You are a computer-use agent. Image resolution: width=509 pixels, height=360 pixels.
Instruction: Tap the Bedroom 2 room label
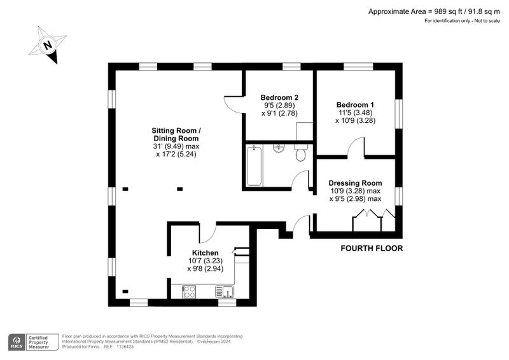279,97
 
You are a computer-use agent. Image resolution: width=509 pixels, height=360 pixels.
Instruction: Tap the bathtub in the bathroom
254,165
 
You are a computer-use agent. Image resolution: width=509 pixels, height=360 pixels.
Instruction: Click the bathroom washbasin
278,148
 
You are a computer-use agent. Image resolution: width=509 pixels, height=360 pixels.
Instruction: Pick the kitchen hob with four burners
189,291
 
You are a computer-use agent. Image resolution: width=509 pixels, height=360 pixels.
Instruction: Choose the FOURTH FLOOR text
372,249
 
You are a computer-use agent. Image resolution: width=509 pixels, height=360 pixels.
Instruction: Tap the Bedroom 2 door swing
233,104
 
